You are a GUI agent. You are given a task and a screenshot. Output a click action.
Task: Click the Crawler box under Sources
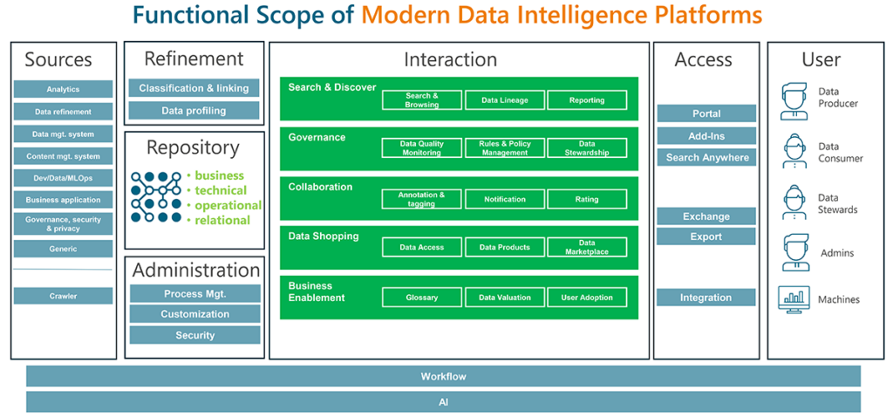click(63, 296)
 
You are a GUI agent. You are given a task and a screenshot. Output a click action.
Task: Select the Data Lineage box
click(505, 100)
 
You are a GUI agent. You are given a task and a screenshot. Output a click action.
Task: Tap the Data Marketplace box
click(587, 247)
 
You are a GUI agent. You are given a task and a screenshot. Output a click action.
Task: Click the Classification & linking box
click(194, 88)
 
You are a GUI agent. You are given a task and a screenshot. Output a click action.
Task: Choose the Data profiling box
click(194, 111)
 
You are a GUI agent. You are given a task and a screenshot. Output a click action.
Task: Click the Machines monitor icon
click(794, 299)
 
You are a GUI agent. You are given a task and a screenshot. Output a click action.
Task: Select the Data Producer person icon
click(794, 100)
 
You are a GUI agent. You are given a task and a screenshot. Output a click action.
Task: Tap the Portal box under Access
click(706, 113)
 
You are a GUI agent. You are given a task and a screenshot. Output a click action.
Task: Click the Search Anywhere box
click(706, 158)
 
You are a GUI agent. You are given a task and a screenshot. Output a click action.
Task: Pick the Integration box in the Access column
click(706, 298)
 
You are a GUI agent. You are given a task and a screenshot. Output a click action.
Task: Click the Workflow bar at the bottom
click(443, 376)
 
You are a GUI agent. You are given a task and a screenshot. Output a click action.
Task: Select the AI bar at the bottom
click(443, 402)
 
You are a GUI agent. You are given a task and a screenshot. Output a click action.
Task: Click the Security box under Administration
click(194, 335)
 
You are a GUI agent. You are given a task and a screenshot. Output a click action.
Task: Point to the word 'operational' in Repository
click(228, 205)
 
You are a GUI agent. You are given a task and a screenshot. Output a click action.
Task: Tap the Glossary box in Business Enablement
click(422, 298)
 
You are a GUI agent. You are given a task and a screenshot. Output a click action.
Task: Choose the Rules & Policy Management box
click(505, 148)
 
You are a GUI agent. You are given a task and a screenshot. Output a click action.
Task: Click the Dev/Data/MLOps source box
click(63, 178)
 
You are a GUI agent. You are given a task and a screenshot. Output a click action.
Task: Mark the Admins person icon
click(794, 252)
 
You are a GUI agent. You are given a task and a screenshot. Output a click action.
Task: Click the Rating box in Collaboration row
click(587, 199)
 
